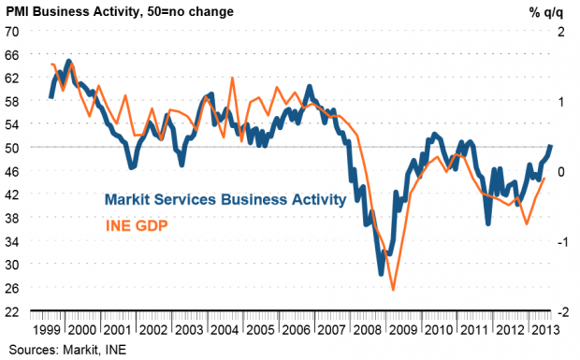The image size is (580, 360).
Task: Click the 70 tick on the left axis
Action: click(x=11, y=32)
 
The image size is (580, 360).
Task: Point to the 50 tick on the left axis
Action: click(x=11, y=148)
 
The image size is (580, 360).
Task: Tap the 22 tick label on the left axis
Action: click(x=11, y=312)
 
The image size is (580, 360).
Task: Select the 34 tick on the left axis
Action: click(x=11, y=242)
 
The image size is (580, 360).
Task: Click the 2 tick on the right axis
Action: click(x=561, y=32)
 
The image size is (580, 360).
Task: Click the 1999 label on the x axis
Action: click(x=47, y=330)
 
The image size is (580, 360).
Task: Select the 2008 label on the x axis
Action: click(x=367, y=330)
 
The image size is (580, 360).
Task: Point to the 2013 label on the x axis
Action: click(x=545, y=330)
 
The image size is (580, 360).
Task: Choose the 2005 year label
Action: click(x=260, y=330)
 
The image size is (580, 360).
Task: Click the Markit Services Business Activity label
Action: click(x=225, y=199)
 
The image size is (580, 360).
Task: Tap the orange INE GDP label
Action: click(x=137, y=225)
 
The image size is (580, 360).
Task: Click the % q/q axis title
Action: click(x=546, y=12)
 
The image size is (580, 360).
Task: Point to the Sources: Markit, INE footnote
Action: click(x=67, y=350)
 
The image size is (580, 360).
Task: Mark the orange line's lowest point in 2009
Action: click(x=393, y=290)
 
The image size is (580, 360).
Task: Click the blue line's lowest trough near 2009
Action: click(x=382, y=274)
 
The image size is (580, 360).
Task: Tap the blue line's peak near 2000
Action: click(x=69, y=62)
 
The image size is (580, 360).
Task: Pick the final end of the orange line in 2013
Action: click(x=544, y=179)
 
